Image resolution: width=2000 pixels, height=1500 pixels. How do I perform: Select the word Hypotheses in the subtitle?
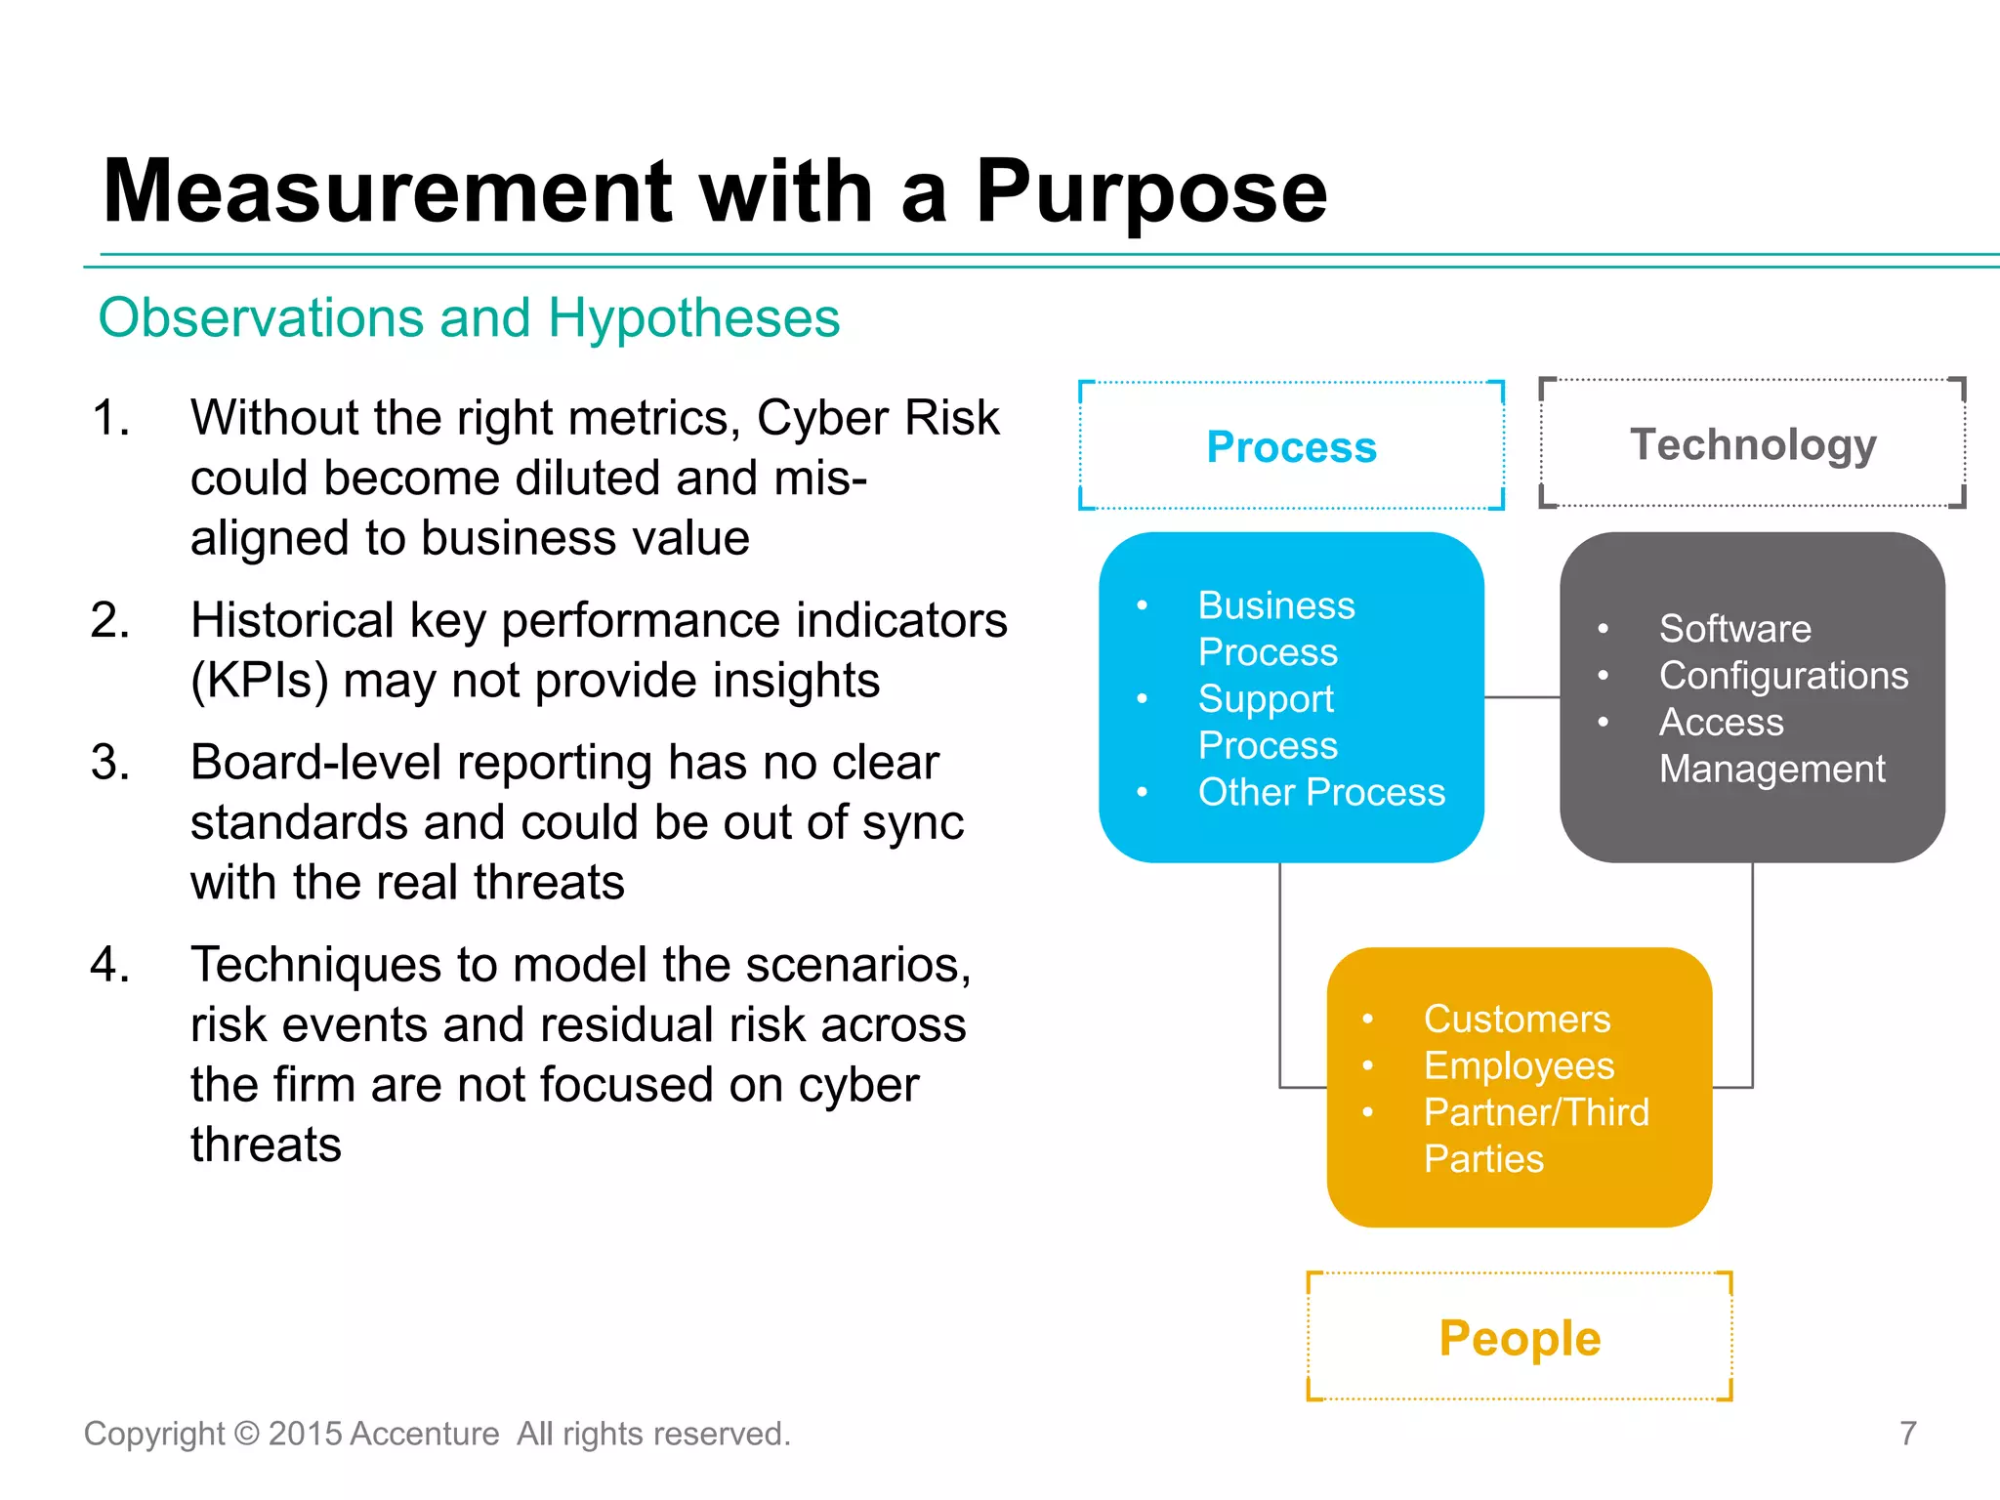click(693, 318)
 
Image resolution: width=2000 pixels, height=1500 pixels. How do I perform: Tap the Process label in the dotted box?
click(1291, 446)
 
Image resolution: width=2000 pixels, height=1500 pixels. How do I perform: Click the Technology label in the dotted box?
click(1753, 444)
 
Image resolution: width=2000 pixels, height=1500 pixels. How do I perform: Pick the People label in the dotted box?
click(1520, 1338)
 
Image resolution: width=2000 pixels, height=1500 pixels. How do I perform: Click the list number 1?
click(109, 418)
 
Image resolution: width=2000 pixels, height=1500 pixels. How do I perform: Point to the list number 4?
click(109, 965)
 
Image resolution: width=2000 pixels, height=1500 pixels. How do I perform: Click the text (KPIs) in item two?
click(259, 681)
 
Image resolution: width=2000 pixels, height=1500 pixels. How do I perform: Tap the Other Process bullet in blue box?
click(1320, 792)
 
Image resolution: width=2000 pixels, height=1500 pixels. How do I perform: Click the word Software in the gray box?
click(1734, 629)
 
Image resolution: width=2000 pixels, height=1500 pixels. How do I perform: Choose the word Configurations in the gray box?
click(1783, 676)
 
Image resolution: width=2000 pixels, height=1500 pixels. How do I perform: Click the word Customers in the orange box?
click(1517, 1020)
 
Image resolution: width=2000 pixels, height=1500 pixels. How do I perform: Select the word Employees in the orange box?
click(1519, 1066)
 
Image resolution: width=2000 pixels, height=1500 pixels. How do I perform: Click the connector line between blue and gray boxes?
click(1521, 697)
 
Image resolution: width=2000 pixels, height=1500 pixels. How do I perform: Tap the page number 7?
click(1908, 1434)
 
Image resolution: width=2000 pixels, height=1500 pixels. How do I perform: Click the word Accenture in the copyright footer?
click(424, 1434)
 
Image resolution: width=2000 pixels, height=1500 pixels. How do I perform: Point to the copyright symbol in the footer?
click(247, 1434)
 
